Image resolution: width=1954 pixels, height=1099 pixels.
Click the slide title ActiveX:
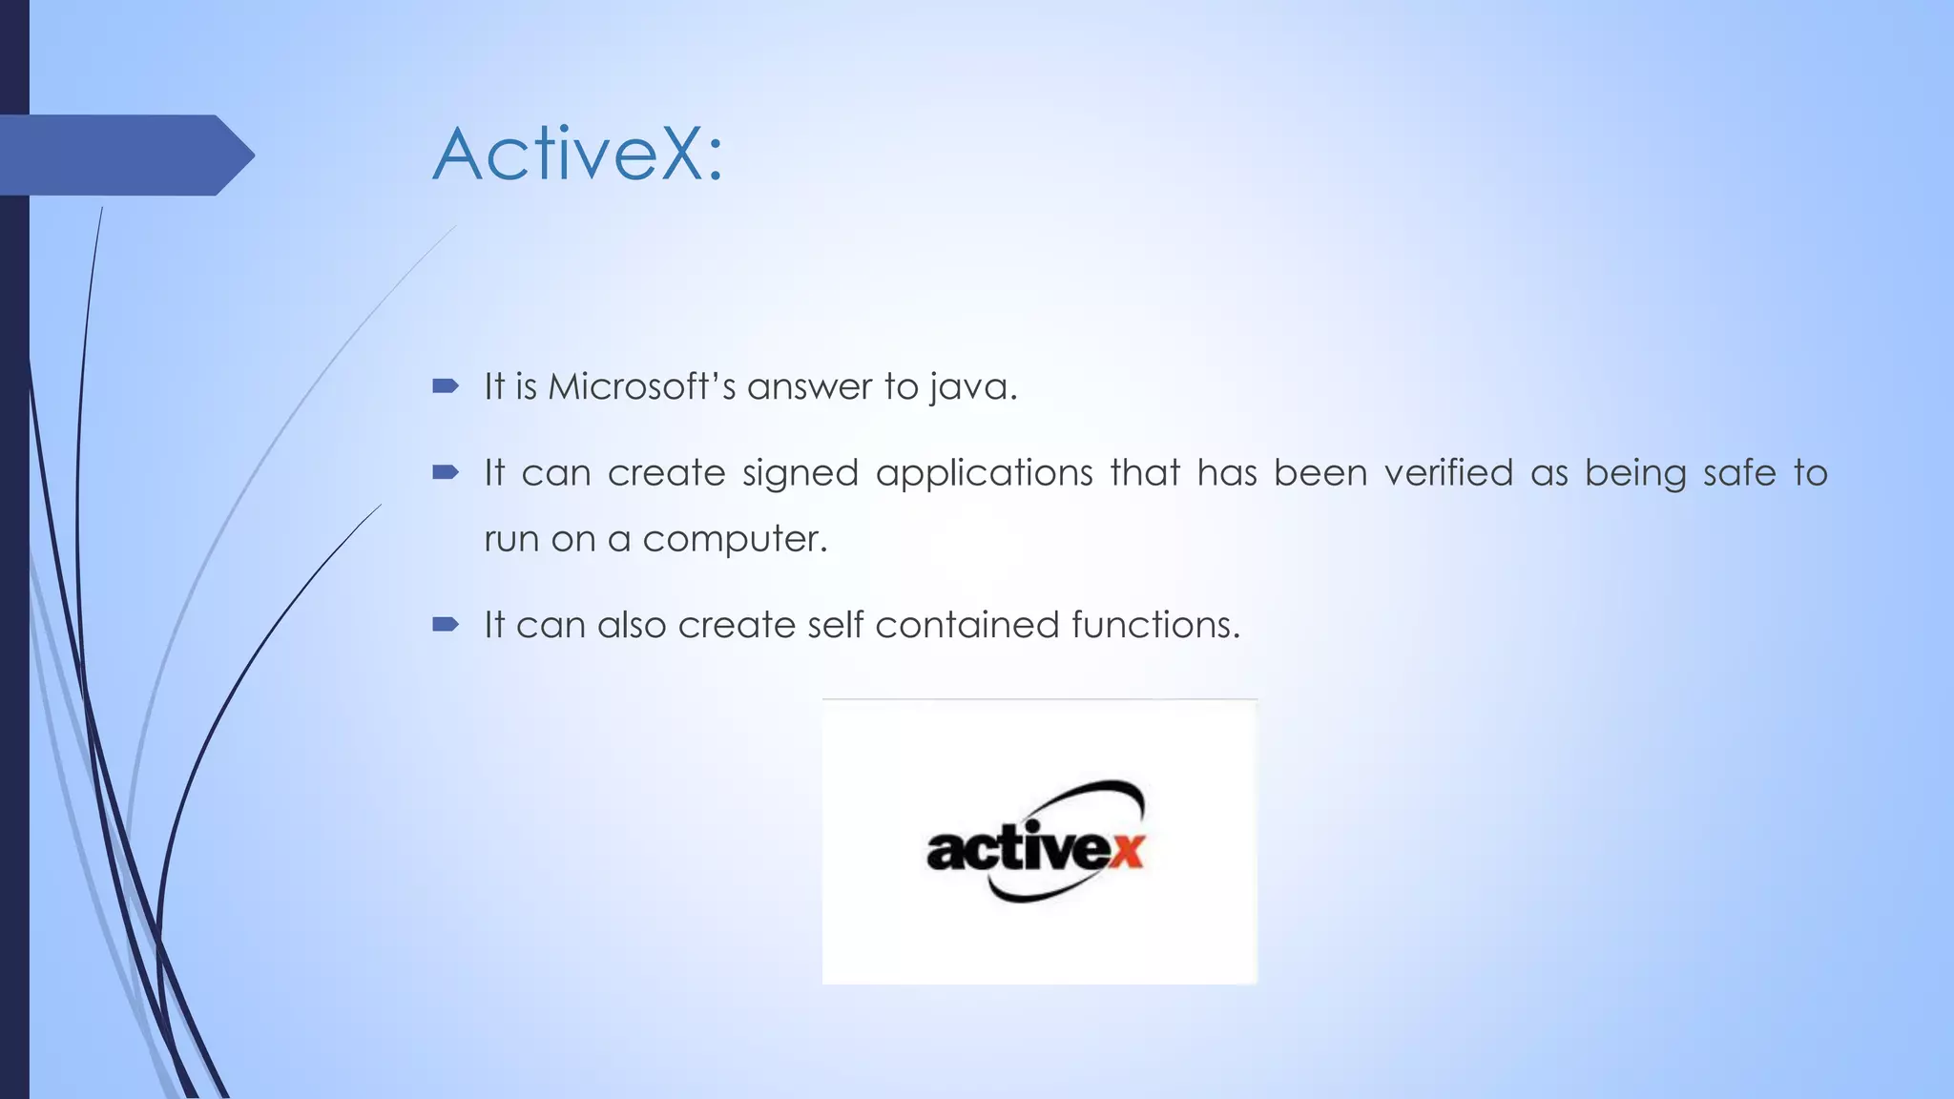point(578,154)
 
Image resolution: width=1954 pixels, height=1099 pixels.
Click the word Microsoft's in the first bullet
point(641,386)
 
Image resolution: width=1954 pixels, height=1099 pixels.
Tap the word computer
point(734,540)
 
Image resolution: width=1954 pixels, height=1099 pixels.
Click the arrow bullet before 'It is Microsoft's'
point(446,386)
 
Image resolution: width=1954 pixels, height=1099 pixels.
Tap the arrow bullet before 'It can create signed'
point(446,472)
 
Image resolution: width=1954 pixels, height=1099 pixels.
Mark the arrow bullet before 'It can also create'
point(446,625)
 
